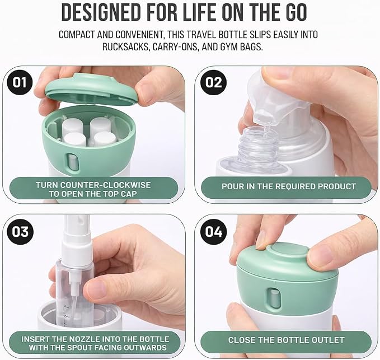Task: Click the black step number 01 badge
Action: (x=20, y=82)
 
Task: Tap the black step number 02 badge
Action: (x=213, y=82)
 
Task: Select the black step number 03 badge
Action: (x=20, y=231)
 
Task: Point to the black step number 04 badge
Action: (x=214, y=231)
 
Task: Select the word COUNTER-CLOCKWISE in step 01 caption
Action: (x=105, y=185)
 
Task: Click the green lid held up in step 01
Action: (x=92, y=89)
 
